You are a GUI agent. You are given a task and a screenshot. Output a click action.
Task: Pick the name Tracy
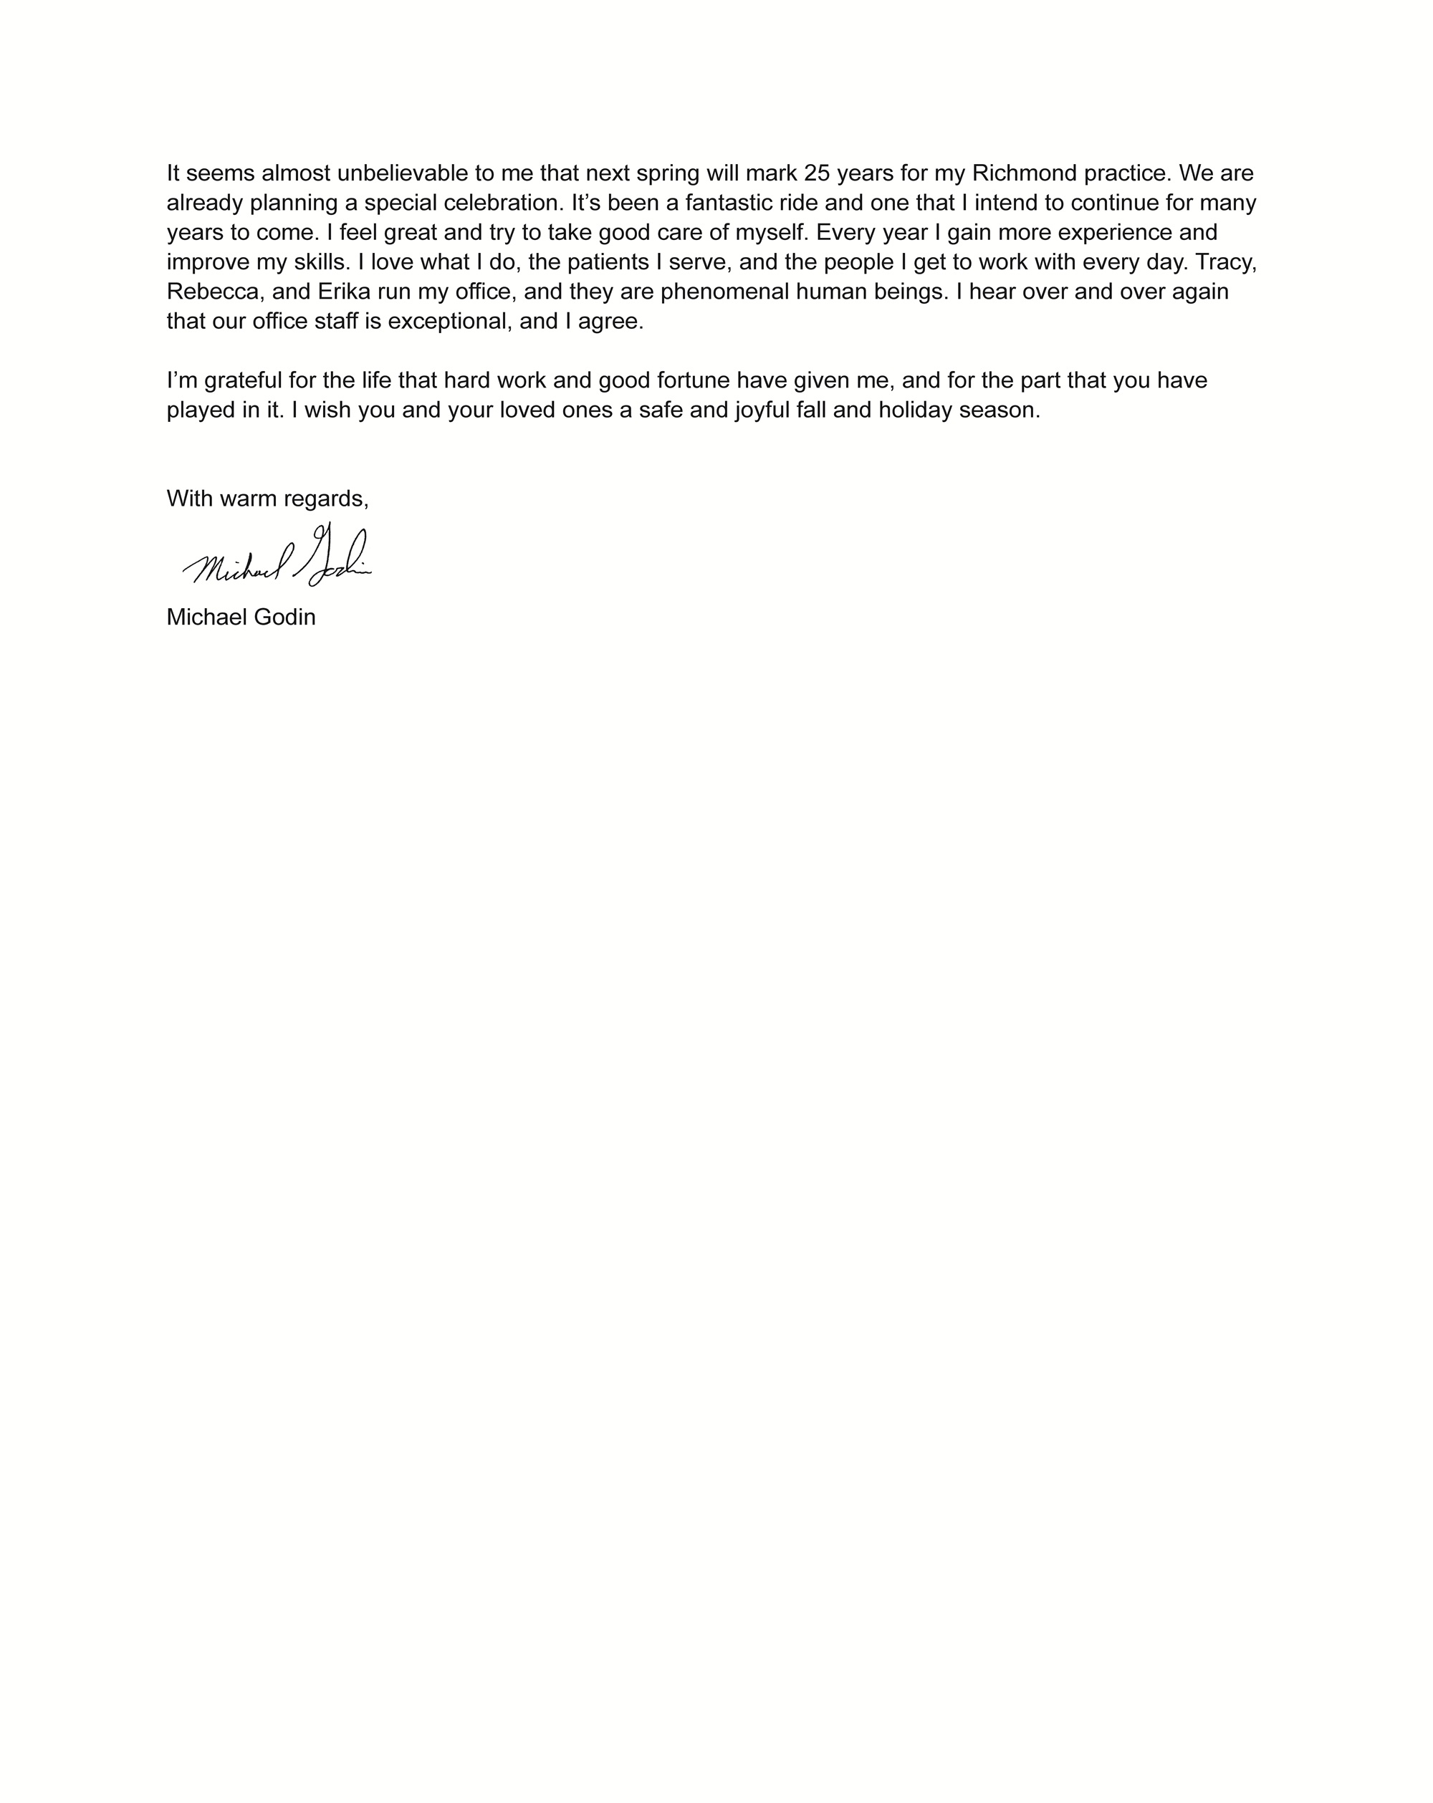point(1224,263)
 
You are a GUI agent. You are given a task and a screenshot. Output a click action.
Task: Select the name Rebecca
point(214,292)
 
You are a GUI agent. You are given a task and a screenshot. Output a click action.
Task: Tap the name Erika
point(344,292)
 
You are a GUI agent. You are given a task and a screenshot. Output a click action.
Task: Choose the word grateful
point(244,381)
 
